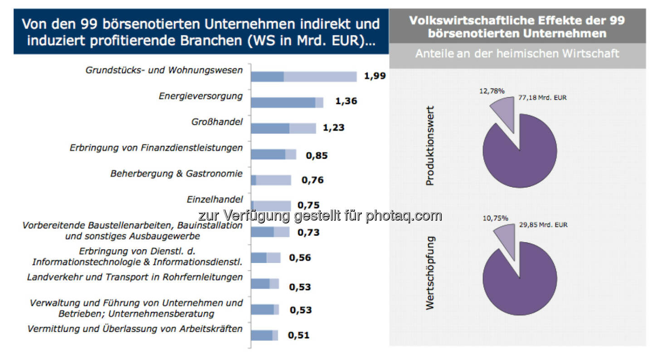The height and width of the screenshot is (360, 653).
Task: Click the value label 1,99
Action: (x=375, y=76)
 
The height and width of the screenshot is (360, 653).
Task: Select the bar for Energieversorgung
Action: (x=287, y=102)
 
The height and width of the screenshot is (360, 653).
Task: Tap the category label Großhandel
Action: (x=217, y=122)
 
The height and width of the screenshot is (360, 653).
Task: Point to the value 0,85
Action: (x=317, y=156)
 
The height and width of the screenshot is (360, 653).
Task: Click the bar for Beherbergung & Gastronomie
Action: (x=271, y=180)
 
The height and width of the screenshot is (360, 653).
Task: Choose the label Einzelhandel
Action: (x=214, y=199)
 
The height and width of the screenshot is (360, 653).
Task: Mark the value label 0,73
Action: (x=308, y=233)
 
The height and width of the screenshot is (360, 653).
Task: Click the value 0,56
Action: (x=300, y=258)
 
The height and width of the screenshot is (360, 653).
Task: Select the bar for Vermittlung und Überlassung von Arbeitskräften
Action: (x=264, y=335)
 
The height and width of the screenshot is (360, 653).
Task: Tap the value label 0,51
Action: (x=299, y=336)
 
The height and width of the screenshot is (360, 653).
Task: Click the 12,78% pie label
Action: (x=492, y=91)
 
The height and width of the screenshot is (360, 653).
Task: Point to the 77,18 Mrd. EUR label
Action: (x=542, y=97)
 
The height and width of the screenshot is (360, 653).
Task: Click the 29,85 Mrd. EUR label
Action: (x=543, y=225)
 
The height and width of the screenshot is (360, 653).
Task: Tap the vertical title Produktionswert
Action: (x=429, y=146)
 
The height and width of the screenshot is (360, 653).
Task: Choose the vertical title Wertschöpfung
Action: (x=429, y=272)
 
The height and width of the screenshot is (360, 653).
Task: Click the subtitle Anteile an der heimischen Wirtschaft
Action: (x=517, y=54)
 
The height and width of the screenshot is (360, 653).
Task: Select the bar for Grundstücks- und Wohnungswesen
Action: (x=303, y=77)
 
